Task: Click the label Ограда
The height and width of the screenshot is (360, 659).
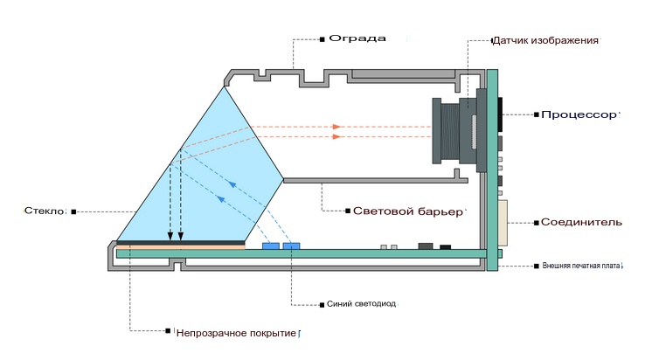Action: [x=357, y=39]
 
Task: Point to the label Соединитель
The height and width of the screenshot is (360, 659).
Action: [x=581, y=222]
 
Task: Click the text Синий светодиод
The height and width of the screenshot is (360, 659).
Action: [x=359, y=304]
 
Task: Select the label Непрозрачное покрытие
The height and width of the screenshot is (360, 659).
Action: [x=237, y=333]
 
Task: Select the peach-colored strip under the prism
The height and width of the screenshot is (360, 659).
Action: [x=181, y=247]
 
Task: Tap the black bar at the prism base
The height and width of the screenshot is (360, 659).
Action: [x=181, y=241]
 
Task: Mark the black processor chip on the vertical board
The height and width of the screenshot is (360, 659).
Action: [x=501, y=115]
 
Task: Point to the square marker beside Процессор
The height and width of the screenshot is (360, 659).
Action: [x=534, y=114]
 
